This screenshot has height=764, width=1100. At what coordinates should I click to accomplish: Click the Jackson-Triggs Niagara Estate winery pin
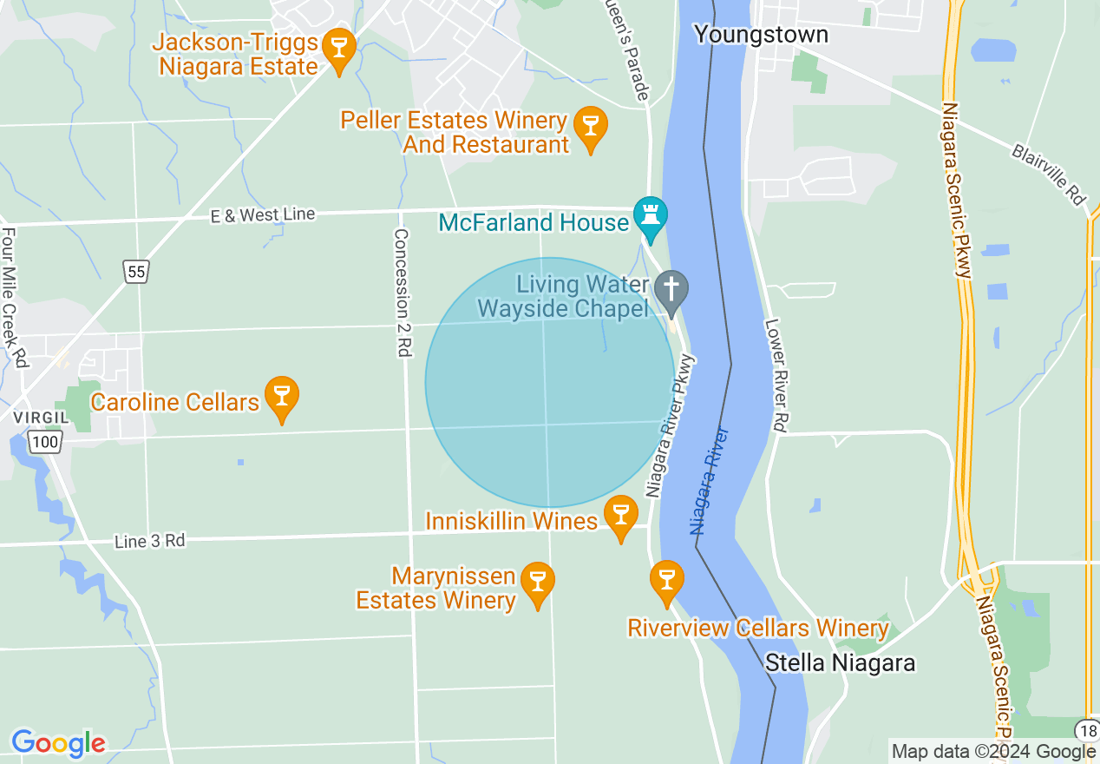tap(338, 49)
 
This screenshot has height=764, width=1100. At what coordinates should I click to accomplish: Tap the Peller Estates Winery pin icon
tap(591, 127)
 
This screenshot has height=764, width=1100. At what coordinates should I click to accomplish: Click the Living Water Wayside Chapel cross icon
tap(671, 290)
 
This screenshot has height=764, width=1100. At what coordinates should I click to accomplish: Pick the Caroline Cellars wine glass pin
tap(281, 396)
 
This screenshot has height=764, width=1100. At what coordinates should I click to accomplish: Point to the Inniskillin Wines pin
tap(620, 514)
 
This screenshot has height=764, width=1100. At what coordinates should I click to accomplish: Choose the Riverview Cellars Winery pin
tap(666, 579)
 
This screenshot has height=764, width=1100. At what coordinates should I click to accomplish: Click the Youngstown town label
tap(761, 35)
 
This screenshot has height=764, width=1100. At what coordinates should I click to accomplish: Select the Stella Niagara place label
tap(840, 663)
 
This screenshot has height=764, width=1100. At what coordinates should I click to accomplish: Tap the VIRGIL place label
tap(34, 418)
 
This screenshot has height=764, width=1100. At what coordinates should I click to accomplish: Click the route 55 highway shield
tap(135, 272)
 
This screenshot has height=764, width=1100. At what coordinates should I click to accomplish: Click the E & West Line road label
tap(262, 214)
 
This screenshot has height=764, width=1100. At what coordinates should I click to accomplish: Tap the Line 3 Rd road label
tap(150, 541)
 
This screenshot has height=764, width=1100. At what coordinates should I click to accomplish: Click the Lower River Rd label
tap(777, 375)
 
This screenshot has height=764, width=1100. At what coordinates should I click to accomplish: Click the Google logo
tap(58, 743)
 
